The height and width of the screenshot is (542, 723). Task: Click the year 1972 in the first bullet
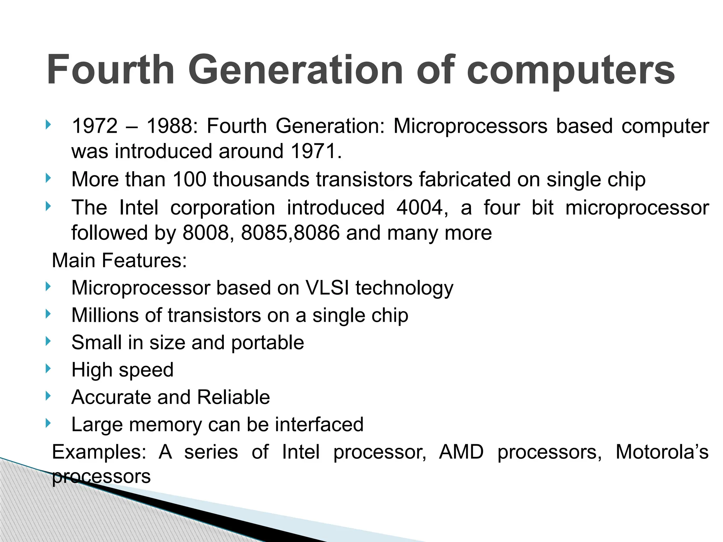(x=95, y=126)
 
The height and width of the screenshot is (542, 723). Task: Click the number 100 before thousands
(x=189, y=179)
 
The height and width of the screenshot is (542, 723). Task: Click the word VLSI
(x=327, y=288)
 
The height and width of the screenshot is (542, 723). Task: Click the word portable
(x=268, y=343)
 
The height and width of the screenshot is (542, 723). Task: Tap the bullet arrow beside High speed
(x=48, y=369)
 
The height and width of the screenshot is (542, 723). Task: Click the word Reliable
(x=233, y=397)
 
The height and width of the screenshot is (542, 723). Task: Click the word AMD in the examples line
(x=461, y=452)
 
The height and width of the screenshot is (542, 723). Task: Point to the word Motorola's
(x=662, y=452)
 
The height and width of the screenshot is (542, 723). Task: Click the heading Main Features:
(x=119, y=261)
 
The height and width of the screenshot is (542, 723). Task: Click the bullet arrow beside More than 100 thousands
(x=48, y=178)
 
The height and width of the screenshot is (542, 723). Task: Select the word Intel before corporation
(x=139, y=207)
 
